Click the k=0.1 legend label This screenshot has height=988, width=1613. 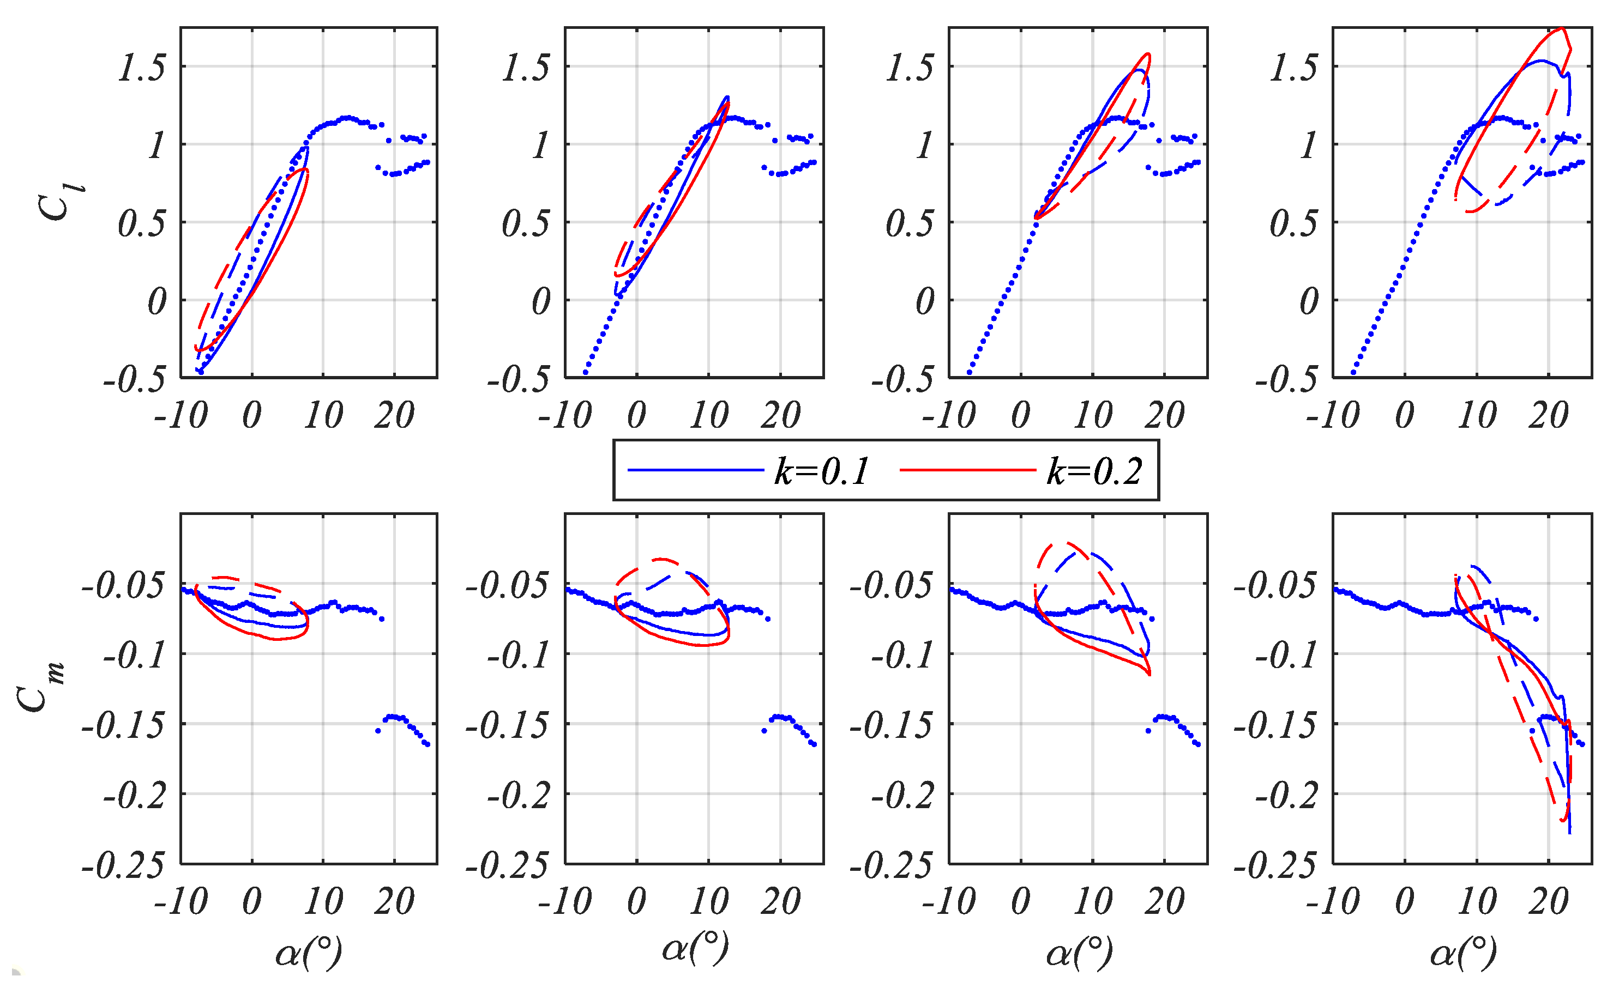click(x=822, y=471)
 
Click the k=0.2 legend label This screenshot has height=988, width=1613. click(x=1094, y=471)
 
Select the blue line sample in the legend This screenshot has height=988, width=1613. click(x=695, y=470)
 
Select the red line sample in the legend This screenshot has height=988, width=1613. click(x=967, y=470)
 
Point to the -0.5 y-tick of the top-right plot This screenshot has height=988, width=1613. click(x=1286, y=379)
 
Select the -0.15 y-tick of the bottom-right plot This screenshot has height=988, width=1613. click(x=1275, y=726)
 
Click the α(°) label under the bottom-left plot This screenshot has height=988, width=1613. click(x=308, y=952)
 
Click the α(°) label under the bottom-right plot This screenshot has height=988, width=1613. click(x=1463, y=952)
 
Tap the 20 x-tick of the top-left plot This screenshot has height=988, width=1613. click(x=394, y=415)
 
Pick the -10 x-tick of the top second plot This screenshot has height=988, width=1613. click(x=564, y=415)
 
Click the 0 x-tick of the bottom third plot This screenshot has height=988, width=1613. click(x=1021, y=902)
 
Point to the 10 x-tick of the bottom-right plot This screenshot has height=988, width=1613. click(x=1477, y=902)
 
